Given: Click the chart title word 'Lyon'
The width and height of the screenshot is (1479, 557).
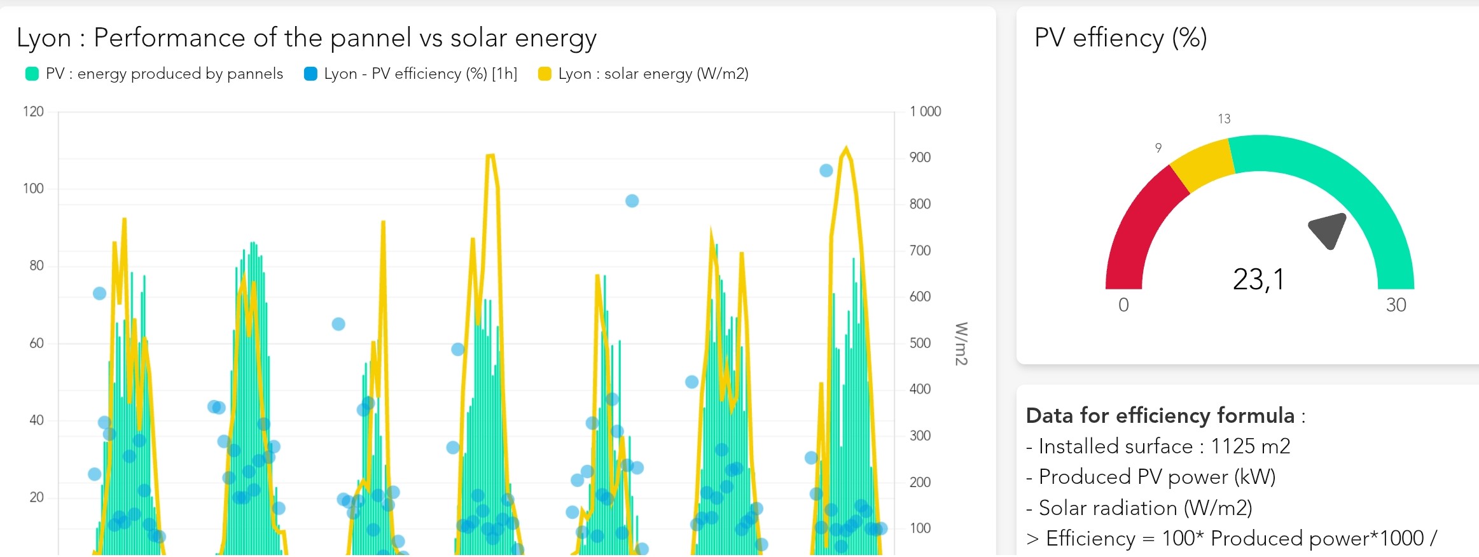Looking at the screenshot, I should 43,38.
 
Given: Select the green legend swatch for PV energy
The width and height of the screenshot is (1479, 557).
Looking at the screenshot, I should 32,74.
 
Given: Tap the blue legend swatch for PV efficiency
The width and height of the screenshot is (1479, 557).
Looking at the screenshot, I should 310,74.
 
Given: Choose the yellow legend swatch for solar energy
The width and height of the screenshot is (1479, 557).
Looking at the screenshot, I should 545,74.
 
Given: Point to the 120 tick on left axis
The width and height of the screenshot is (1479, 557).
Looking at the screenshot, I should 33,112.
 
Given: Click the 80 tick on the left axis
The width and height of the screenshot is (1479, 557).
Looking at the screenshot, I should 36,266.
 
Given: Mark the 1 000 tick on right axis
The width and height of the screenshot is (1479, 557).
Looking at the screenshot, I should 925,112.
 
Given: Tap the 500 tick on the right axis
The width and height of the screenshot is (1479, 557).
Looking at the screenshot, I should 920,343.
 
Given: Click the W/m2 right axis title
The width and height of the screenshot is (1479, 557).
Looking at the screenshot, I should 961,343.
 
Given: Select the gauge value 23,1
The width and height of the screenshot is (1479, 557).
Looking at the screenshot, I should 1258,280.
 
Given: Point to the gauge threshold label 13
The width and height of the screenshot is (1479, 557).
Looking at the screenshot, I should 1224,119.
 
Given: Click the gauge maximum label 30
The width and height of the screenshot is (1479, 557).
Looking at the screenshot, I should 1396,305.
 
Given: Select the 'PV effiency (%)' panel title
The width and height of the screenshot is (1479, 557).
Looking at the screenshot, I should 1120,38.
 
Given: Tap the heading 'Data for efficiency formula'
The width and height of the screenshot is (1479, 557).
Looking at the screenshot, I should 1160,416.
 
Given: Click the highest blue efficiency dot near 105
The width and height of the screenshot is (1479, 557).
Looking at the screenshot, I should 826,170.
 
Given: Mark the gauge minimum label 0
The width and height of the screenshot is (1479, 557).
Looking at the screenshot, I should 1123,305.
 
